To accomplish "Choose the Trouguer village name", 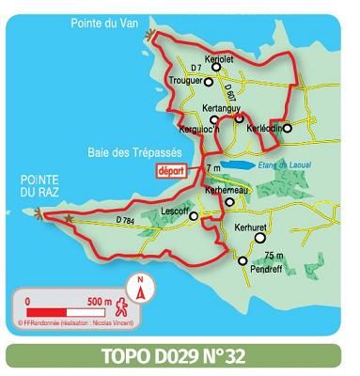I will tap(181, 81).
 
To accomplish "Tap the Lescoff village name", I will tap(176, 211).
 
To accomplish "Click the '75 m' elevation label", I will tap(274, 256).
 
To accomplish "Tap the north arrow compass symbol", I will tap(141, 288).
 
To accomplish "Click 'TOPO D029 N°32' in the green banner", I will tap(180, 357).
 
